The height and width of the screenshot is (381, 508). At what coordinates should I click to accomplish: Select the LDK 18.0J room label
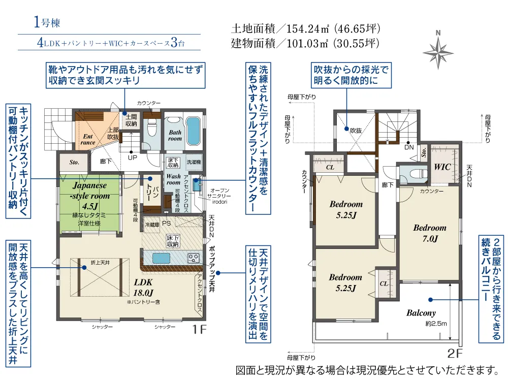(143, 288)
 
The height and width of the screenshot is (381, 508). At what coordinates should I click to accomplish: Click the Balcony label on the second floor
(421, 313)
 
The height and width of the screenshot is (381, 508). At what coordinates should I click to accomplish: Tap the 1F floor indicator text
(199, 330)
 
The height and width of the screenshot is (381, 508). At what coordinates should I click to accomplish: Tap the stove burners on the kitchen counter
(194, 258)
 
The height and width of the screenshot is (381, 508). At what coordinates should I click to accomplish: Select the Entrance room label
(87, 139)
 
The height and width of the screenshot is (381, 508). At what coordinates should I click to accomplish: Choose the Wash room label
(174, 179)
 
